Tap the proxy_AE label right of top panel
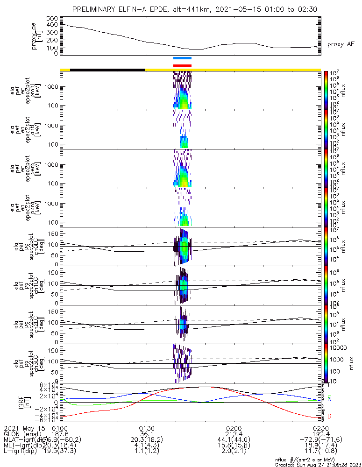click(x=341, y=44)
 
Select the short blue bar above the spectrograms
click(x=182, y=58)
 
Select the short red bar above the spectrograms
click(x=182, y=65)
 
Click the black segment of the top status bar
click(x=107, y=70)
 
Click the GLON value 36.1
click(x=147, y=434)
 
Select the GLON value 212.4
click(x=233, y=434)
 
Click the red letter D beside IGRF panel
click(x=329, y=416)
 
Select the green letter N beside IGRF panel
click(x=329, y=399)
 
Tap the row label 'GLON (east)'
click(x=21, y=434)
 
